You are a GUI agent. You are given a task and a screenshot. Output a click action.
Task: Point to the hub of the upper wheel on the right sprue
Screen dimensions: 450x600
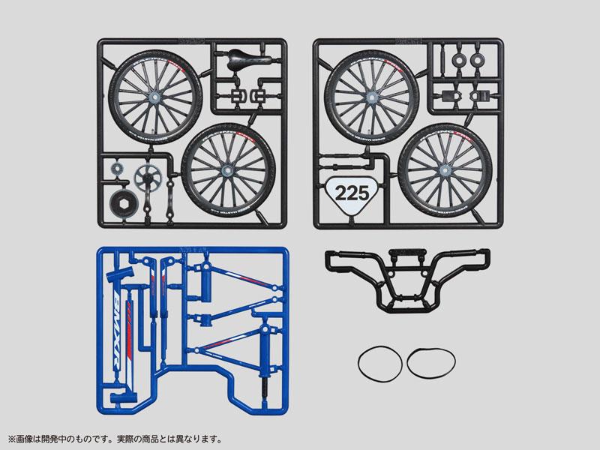(364, 91)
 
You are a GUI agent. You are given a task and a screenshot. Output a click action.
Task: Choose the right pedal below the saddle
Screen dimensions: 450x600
(262, 96)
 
